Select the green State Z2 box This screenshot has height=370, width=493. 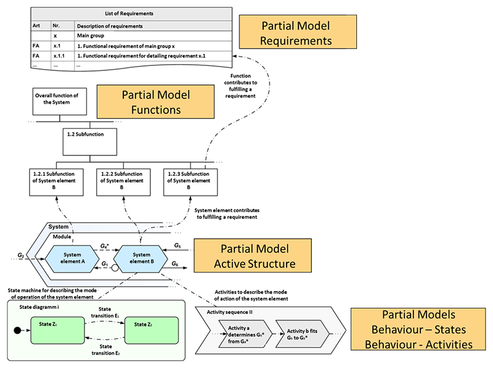(152, 326)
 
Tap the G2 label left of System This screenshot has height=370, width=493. (20, 254)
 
